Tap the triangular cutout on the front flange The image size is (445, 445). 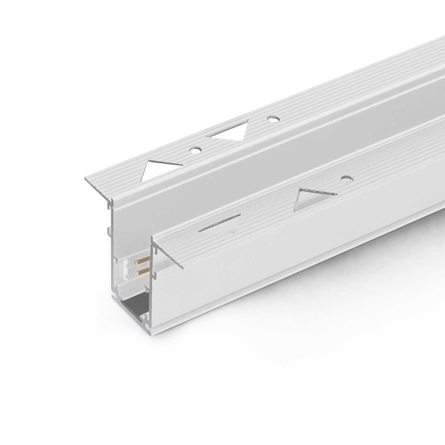tap(314, 197)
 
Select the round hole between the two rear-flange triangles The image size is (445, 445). tap(197, 150)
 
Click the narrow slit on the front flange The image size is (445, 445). tap(220, 220)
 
